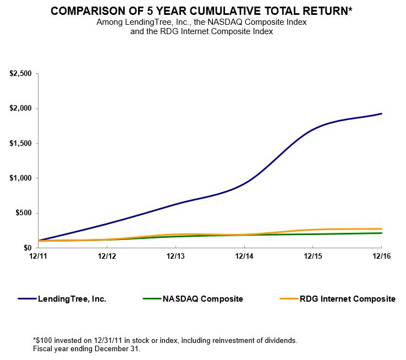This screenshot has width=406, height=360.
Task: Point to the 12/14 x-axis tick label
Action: point(244,257)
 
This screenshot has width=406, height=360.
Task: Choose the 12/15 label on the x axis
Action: point(313,257)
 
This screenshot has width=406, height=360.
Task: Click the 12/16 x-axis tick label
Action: point(382,257)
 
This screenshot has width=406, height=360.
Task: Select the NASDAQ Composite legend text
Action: point(202,299)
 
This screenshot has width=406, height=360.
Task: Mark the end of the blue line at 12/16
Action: point(382,114)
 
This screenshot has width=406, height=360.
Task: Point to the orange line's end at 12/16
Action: point(382,229)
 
